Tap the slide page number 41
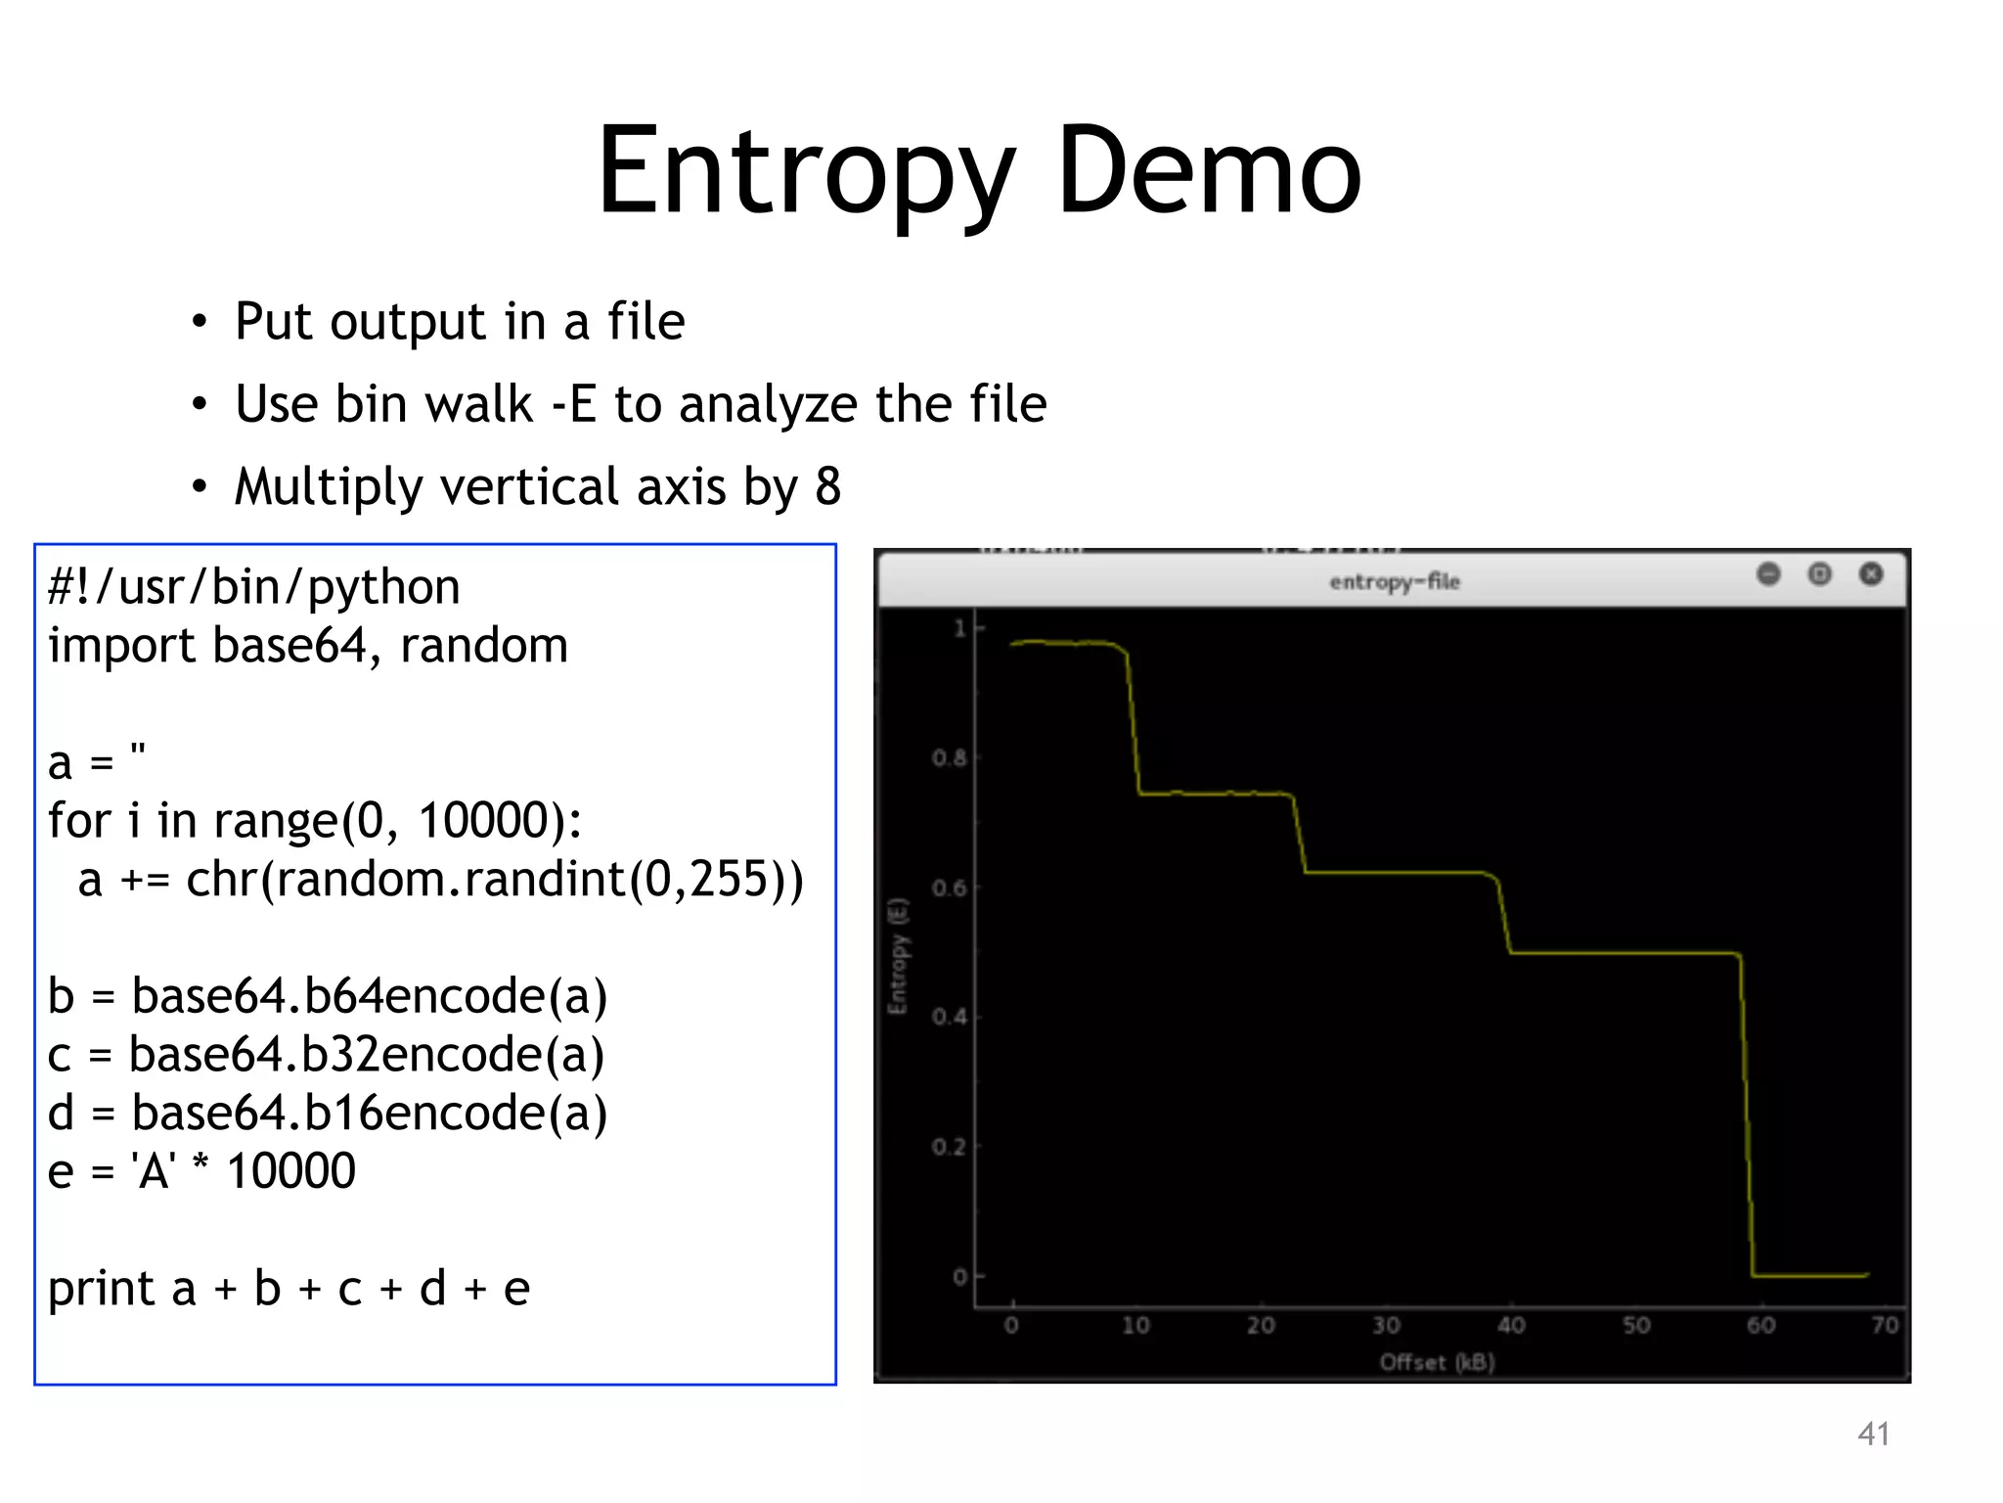coord(1873,1434)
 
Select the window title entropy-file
coord(1394,581)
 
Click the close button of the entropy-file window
coord(1870,574)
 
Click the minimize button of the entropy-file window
coord(1768,574)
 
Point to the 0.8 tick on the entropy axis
coord(949,757)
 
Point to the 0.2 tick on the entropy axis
coord(949,1146)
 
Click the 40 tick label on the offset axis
coord(1511,1325)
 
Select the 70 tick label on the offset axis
coord(1885,1325)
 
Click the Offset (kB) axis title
coord(1437,1362)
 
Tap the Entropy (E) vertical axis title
coord(898,955)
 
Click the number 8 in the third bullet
coord(827,486)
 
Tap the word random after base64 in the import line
coord(484,646)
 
